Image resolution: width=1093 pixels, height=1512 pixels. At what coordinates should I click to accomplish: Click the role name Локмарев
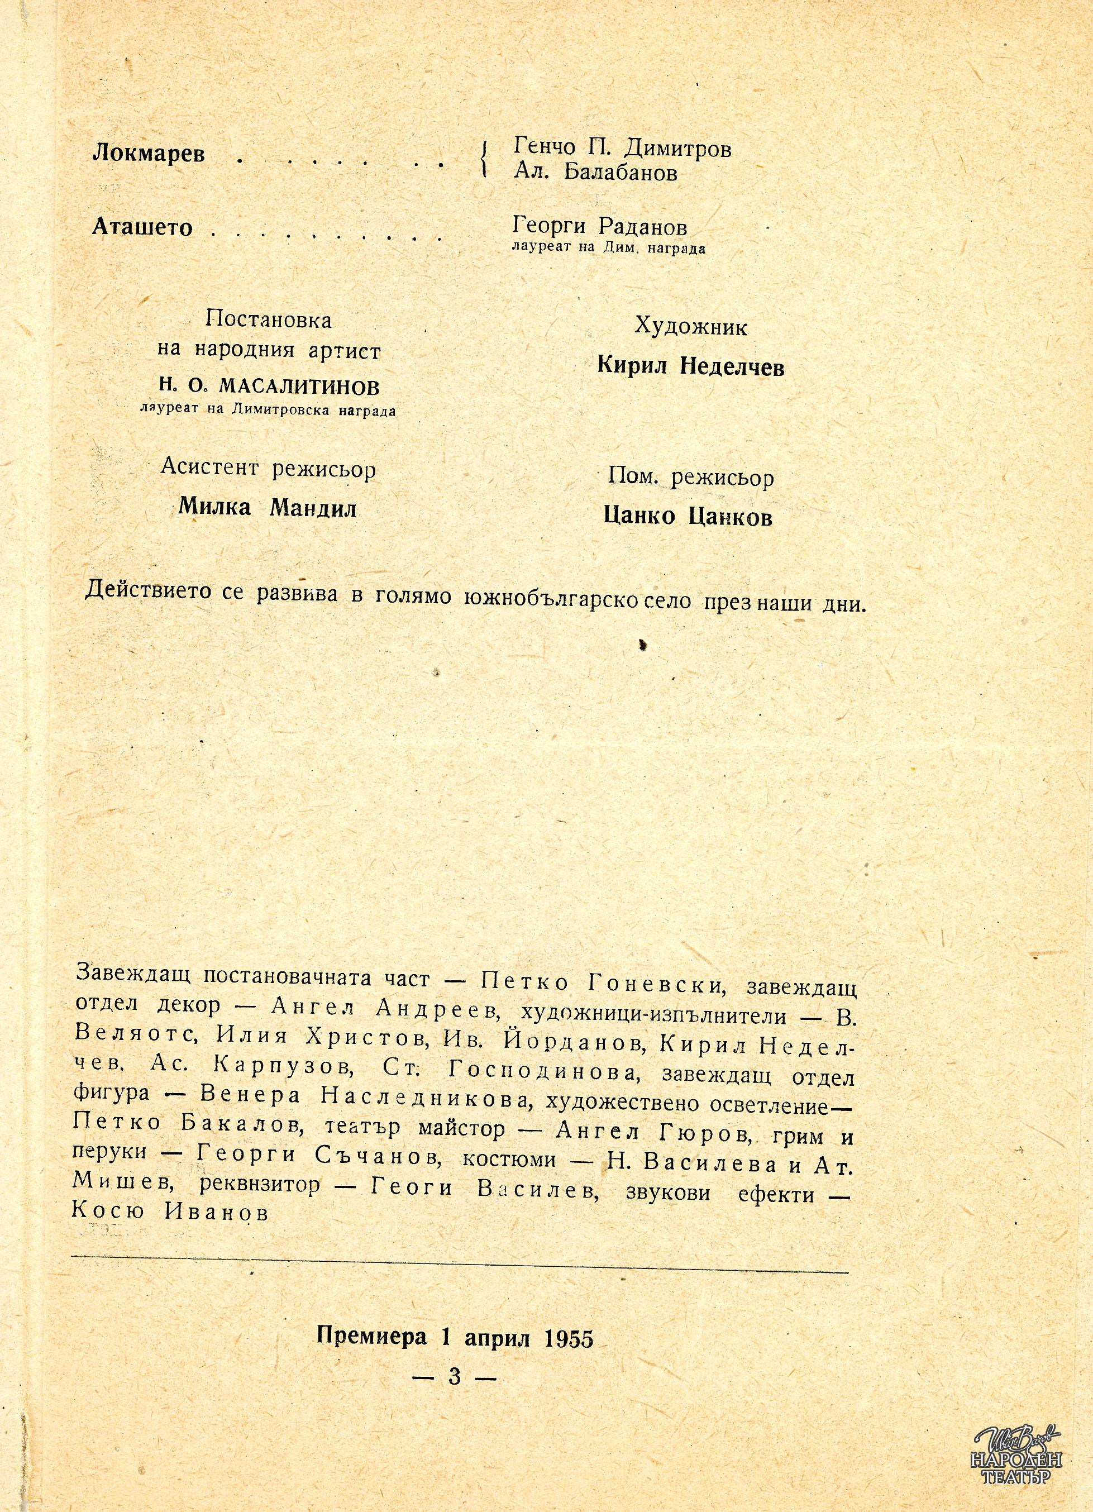[x=149, y=154]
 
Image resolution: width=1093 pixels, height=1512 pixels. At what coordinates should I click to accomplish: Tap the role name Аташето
[x=142, y=228]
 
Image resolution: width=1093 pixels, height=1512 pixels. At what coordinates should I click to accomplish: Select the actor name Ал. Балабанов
[x=596, y=173]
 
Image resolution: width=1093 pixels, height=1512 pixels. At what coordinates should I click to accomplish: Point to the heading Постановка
[x=269, y=320]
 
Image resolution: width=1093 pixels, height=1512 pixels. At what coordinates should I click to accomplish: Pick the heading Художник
[x=691, y=326]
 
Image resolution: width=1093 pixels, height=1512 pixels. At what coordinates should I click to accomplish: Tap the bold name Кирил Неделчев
[x=691, y=366]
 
